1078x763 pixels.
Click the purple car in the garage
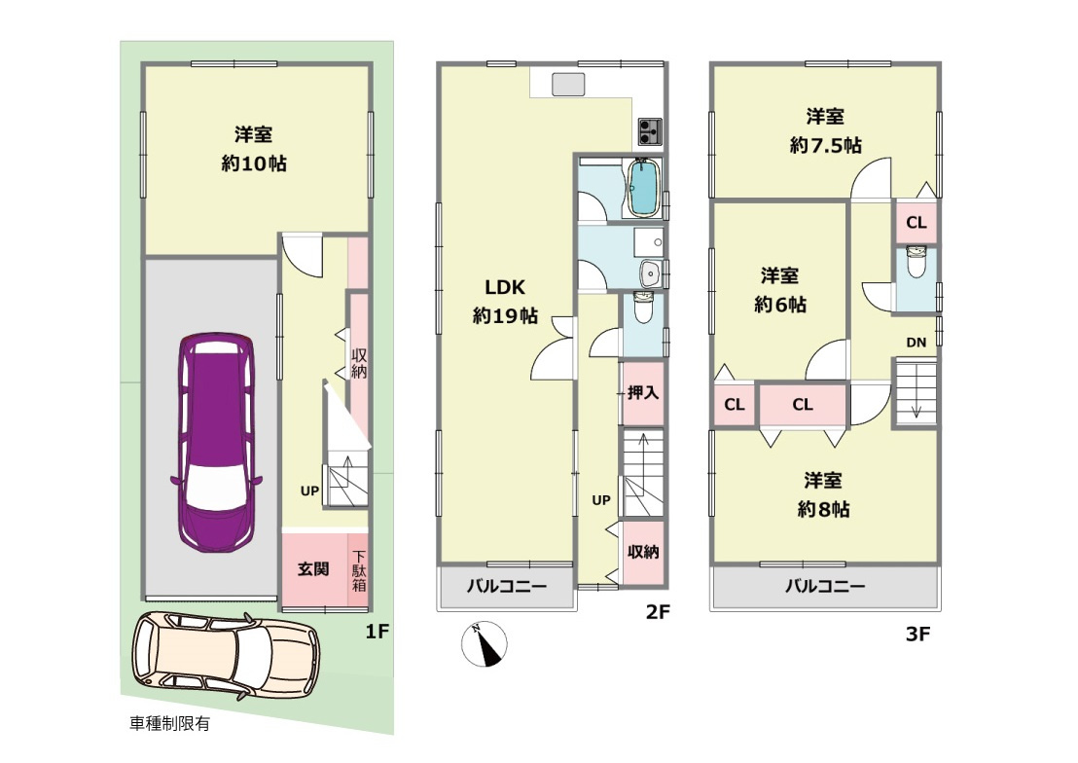point(215,443)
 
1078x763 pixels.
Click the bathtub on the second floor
point(642,189)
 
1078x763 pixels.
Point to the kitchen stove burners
point(650,129)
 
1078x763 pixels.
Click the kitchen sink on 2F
point(567,86)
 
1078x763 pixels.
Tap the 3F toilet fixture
point(916,262)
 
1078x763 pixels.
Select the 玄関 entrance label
point(312,569)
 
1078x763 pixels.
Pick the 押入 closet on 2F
point(642,393)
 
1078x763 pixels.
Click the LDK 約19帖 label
point(505,301)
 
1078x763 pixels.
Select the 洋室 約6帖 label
point(781,289)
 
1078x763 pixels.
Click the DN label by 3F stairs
point(916,342)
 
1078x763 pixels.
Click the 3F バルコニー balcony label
point(824,587)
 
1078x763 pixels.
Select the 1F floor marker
point(377,632)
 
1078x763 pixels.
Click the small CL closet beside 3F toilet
point(916,222)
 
